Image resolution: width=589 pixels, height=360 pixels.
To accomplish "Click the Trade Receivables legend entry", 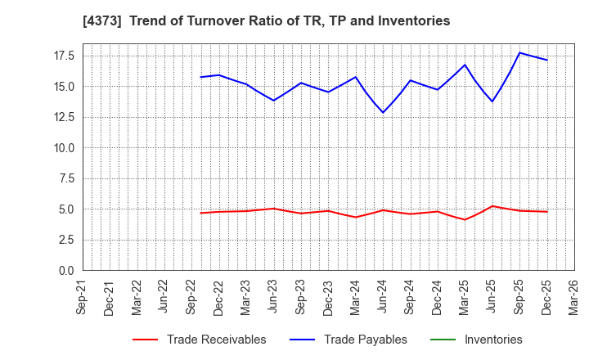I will [x=216, y=340].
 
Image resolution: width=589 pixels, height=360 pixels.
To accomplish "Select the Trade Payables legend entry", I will [x=365, y=340].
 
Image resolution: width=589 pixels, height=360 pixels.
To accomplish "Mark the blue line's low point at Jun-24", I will [x=383, y=113].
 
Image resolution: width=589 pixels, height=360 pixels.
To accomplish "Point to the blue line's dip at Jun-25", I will [x=492, y=101].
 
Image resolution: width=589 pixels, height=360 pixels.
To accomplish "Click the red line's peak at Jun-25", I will [x=492, y=206].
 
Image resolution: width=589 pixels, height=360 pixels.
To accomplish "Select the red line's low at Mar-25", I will [x=465, y=219].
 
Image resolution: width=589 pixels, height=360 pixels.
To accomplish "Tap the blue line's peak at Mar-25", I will [x=465, y=65].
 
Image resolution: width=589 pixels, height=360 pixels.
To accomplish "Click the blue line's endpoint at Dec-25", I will [x=547, y=60].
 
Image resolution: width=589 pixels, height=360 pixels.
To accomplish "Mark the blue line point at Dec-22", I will [x=218, y=75].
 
